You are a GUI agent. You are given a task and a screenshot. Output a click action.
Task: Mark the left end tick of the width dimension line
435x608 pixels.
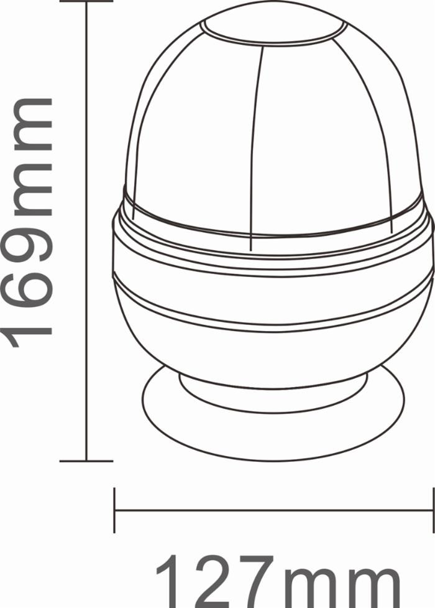pos(115,510)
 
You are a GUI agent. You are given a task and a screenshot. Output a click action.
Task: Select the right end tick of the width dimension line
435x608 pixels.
pos(433,510)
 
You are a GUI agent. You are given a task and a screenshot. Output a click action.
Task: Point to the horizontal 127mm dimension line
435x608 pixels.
pos(273,510)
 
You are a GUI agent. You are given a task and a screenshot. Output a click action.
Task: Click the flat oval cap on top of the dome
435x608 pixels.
pos(273,28)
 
